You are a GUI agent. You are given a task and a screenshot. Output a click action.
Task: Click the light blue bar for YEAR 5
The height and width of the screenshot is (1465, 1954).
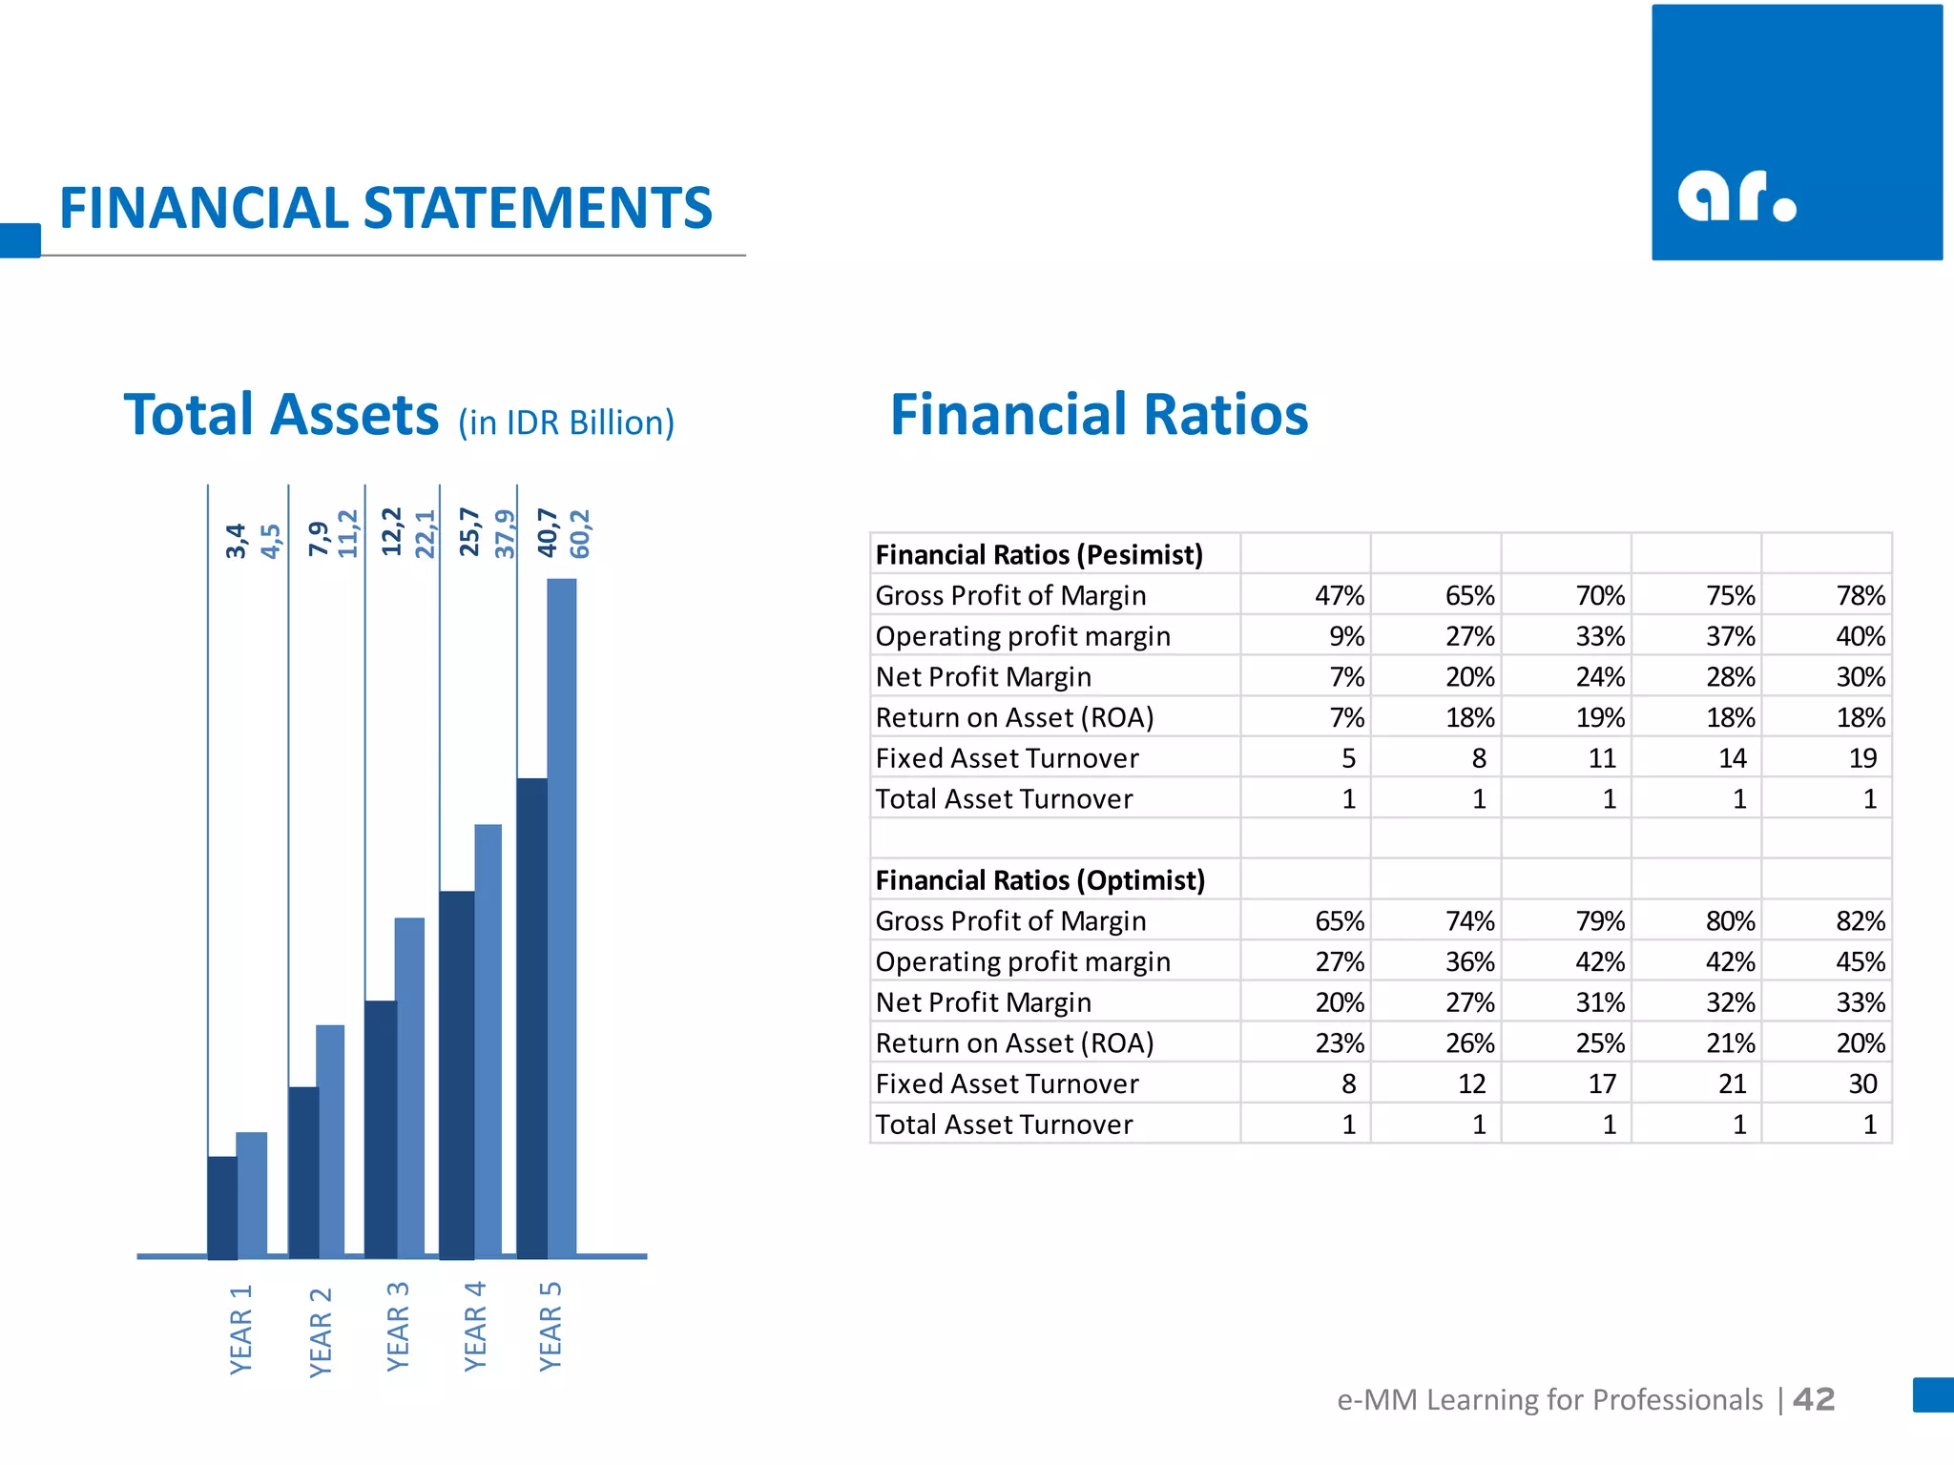(x=562, y=916)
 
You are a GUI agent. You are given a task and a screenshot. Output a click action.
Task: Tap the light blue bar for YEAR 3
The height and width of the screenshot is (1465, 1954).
(x=410, y=1087)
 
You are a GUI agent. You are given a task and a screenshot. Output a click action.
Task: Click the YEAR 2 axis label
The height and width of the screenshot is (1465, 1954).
(x=321, y=1331)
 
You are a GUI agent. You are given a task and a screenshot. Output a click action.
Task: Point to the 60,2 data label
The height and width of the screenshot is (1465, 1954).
(x=580, y=534)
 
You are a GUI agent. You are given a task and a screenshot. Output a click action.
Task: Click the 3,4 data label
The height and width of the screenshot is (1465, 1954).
(x=236, y=540)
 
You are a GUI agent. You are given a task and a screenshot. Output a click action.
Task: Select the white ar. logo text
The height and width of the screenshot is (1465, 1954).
(x=1736, y=196)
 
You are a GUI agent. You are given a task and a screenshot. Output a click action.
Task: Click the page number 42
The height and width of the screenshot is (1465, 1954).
(x=1814, y=1399)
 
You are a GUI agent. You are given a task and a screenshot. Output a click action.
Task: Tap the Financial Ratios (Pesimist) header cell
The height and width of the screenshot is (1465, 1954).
(x=1039, y=555)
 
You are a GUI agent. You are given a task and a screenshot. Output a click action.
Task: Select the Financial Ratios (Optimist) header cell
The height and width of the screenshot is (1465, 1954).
(x=1040, y=880)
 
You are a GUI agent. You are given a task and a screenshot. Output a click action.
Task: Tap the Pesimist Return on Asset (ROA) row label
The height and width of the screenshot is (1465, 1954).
(x=1014, y=717)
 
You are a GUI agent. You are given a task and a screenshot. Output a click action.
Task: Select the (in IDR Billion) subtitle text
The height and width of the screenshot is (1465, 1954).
(x=566, y=423)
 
